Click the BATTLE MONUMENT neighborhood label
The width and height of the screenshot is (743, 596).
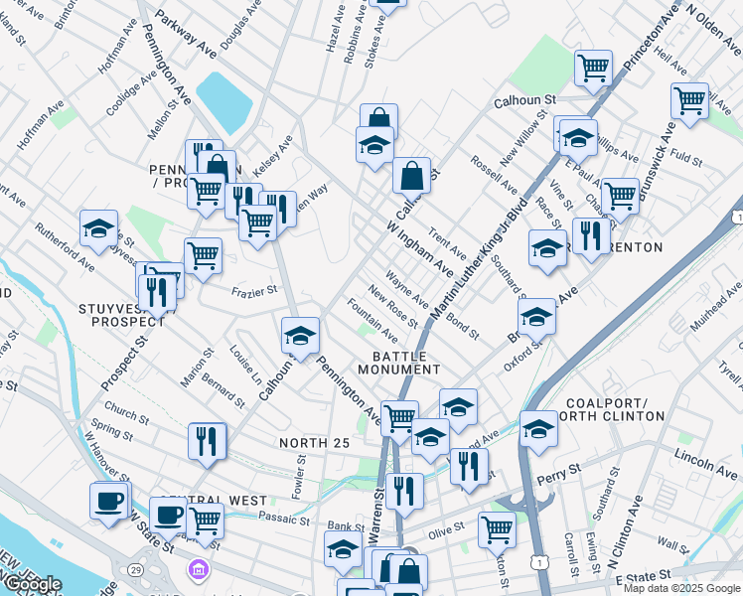[406, 363]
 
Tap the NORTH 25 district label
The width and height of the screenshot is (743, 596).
[314, 443]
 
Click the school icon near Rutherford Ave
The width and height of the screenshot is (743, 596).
[98, 228]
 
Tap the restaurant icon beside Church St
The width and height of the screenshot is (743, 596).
[207, 440]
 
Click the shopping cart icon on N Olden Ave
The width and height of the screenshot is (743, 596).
[689, 99]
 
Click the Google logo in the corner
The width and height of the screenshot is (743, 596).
[33, 584]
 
